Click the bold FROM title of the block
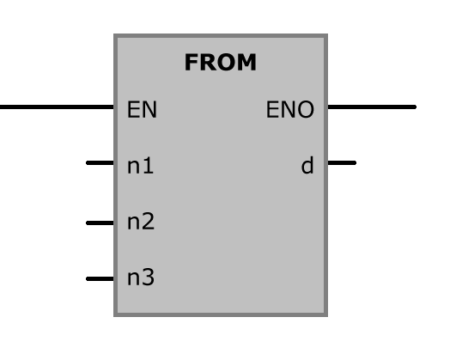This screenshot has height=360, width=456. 221,62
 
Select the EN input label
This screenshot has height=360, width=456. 143,109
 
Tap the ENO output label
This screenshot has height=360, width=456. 290,109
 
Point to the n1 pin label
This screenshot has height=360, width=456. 141,165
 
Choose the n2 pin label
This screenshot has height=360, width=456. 141,221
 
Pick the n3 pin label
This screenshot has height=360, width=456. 141,277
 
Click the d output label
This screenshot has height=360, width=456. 307,165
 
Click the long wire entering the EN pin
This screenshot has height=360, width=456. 57,107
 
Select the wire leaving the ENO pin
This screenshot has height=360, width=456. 372,107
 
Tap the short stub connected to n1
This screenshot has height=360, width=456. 100,162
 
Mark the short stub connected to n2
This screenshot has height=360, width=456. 100,223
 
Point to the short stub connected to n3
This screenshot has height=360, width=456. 100,278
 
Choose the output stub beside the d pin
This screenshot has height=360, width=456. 342,162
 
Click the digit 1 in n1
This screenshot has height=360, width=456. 149,165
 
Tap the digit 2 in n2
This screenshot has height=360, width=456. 149,221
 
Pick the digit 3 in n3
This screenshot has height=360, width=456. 149,277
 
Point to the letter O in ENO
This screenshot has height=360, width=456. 306,109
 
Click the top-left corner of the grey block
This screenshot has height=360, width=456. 113,34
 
